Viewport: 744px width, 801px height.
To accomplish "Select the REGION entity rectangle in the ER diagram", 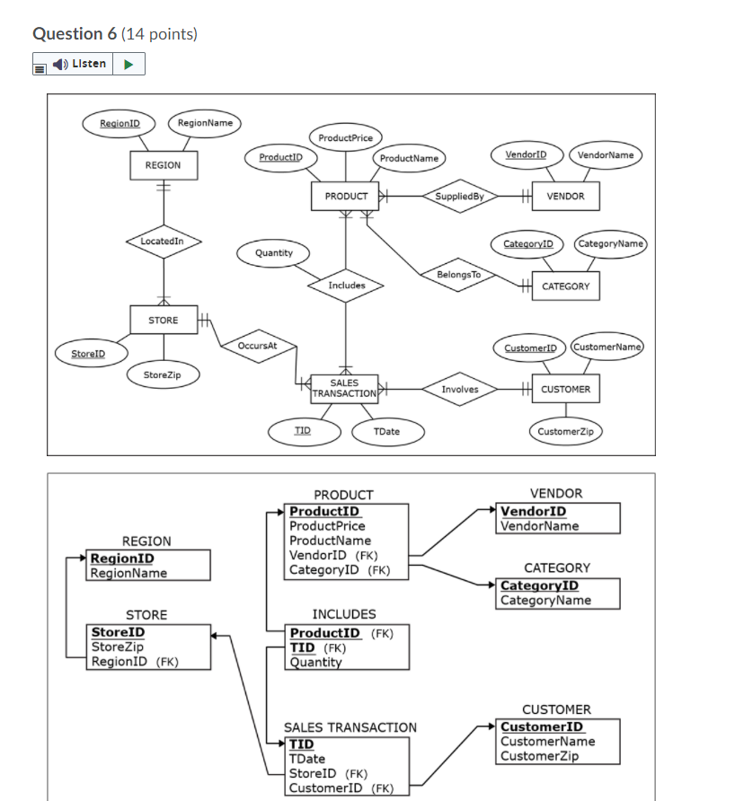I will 163,165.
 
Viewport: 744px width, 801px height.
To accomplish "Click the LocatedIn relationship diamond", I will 163,241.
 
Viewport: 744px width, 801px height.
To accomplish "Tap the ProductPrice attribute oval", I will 345,137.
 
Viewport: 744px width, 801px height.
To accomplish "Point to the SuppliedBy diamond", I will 459,196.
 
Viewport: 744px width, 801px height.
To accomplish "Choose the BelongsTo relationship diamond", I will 458,274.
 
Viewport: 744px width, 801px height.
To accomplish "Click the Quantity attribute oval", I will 273,253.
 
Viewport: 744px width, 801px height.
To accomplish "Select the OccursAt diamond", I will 257,345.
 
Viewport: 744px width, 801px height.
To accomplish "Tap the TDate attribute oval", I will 386,432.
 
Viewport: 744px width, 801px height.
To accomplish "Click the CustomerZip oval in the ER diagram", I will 565,432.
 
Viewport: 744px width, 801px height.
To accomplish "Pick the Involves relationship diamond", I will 459,389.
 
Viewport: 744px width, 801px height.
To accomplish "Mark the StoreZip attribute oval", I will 163,374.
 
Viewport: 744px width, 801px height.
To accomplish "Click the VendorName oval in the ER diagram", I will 605,154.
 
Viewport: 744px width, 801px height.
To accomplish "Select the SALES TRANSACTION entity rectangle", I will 344,388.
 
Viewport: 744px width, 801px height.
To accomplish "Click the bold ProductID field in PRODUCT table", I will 323,512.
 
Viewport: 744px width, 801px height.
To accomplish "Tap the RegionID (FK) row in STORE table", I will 135,662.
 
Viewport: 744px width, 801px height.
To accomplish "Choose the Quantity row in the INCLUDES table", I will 315,663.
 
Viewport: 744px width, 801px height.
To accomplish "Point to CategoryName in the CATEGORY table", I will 545,600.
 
